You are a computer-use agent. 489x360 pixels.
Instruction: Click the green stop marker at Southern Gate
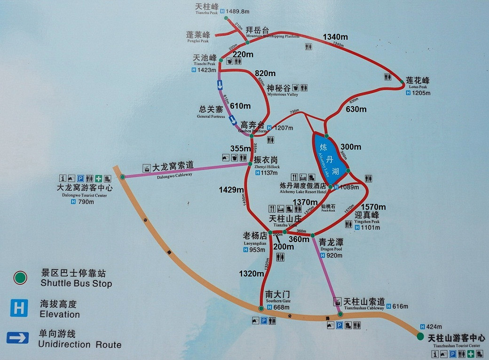click(261, 308)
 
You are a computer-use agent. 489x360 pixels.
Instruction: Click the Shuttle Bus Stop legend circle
click(20, 278)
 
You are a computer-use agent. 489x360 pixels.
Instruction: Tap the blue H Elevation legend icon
click(19, 308)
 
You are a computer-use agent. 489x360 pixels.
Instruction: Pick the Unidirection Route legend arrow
click(18, 338)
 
